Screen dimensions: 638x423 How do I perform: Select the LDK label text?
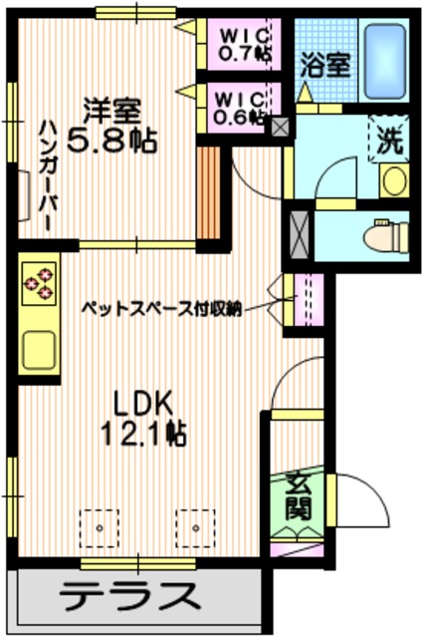click(x=143, y=403)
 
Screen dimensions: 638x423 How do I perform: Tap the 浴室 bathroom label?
click(x=325, y=66)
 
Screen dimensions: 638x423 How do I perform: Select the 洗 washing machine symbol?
click(x=389, y=140)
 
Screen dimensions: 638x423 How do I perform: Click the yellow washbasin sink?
click(x=393, y=181)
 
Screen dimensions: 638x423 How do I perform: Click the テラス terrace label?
click(x=127, y=598)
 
